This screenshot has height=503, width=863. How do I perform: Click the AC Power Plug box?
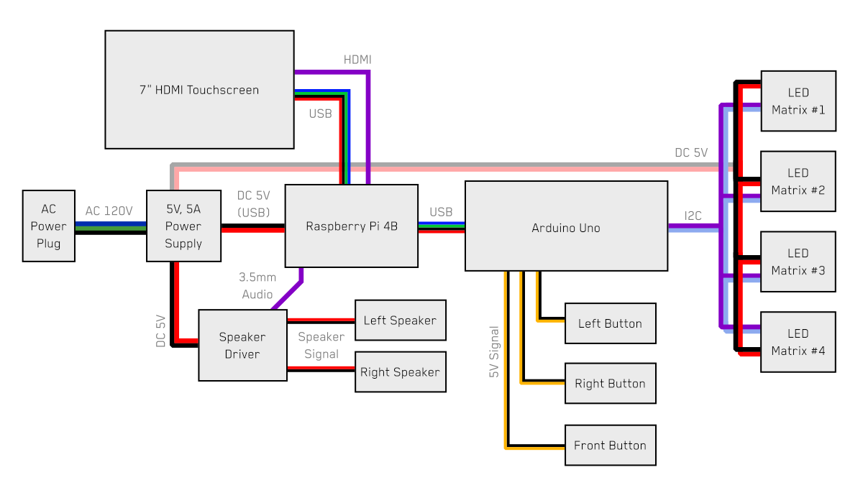pyautogui.click(x=48, y=226)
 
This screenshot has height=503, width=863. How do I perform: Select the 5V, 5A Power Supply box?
pyautogui.click(x=183, y=226)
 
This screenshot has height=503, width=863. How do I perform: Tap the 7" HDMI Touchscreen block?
pyautogui.click(x=199, y=90)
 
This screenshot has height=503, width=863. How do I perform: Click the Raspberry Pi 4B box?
pyautogui.click(x=352, y=226)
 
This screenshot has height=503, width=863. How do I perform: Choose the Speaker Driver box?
pyautogui.click(x=242, y=346)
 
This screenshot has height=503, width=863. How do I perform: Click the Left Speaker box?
pyautogui.click(x=401, y=320)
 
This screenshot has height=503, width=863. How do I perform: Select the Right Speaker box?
pyautogui.click(x=401, y=372)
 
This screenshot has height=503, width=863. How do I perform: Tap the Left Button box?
pyautogui.click(x=610, y=323)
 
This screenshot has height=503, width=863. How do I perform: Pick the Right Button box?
pyautogui.click(x=610, y=384)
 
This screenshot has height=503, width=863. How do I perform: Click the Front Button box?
pyautogui.click(x=610, y=446)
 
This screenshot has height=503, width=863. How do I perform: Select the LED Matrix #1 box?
pyautogui.click(x=798, y=101)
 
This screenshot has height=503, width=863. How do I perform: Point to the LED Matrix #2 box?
pyautogui.click(x=798, y=182)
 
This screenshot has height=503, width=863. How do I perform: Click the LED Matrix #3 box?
pyautogui.click(x=798, y=262)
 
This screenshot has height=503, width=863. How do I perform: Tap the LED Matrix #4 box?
pyautogui.click(x=798, y=342)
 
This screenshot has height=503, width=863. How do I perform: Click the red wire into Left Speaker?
pyautogui.click(x=321, y=320)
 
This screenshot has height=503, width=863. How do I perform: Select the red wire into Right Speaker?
pyautogui.click(x=321, y=367)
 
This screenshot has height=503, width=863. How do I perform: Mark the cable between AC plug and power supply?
pyautogui.click(x=111, y=226)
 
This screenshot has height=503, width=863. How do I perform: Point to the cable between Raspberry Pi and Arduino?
pyautogui.click(x=442, y=225)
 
